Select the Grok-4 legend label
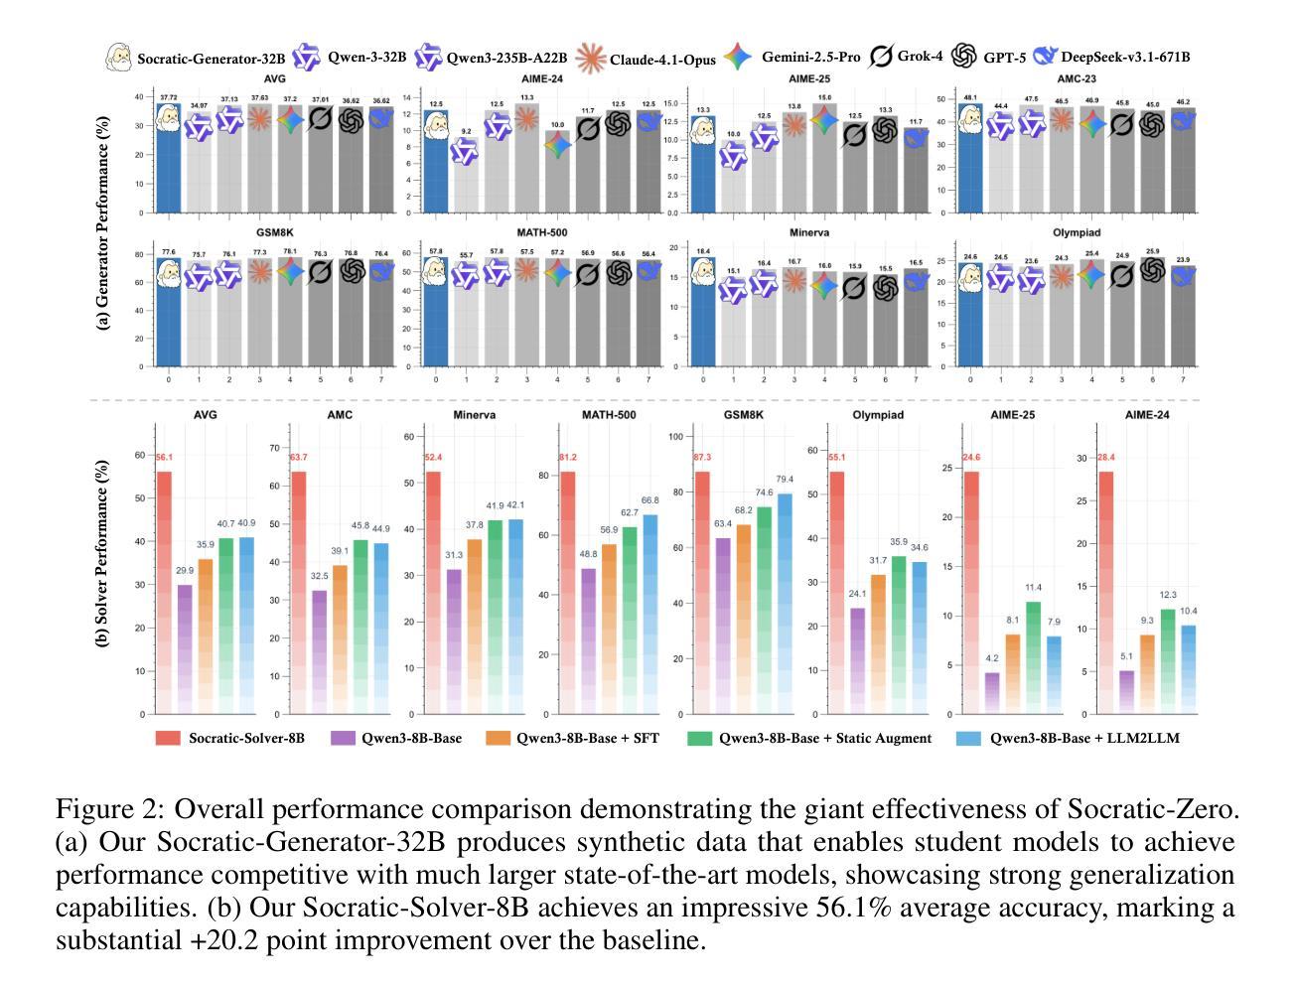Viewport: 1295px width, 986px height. coord(920,57)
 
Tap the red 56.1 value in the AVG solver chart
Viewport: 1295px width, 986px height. coord(164,458)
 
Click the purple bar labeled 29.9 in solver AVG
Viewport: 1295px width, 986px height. coord(185,649)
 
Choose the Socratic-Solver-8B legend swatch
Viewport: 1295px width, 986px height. coord(168,738)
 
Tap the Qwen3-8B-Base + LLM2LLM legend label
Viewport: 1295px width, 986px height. coord(1084,738)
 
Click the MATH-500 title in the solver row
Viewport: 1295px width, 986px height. coord(609,414)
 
